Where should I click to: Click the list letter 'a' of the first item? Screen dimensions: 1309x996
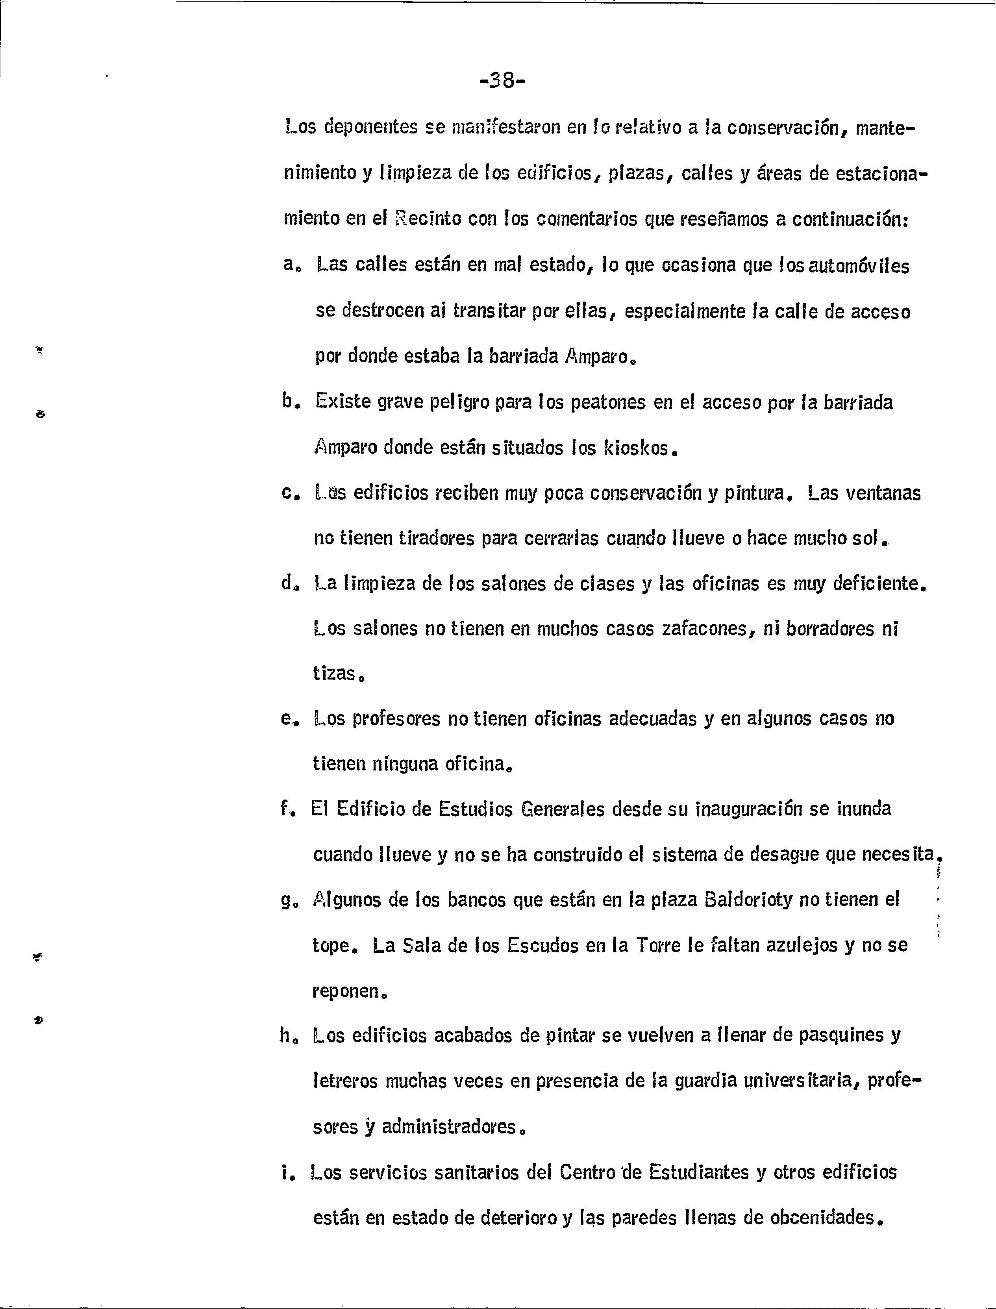pos(289,265)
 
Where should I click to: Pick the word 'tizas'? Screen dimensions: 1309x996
pos(335,674)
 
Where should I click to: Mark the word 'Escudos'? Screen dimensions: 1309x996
pos(542,945)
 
